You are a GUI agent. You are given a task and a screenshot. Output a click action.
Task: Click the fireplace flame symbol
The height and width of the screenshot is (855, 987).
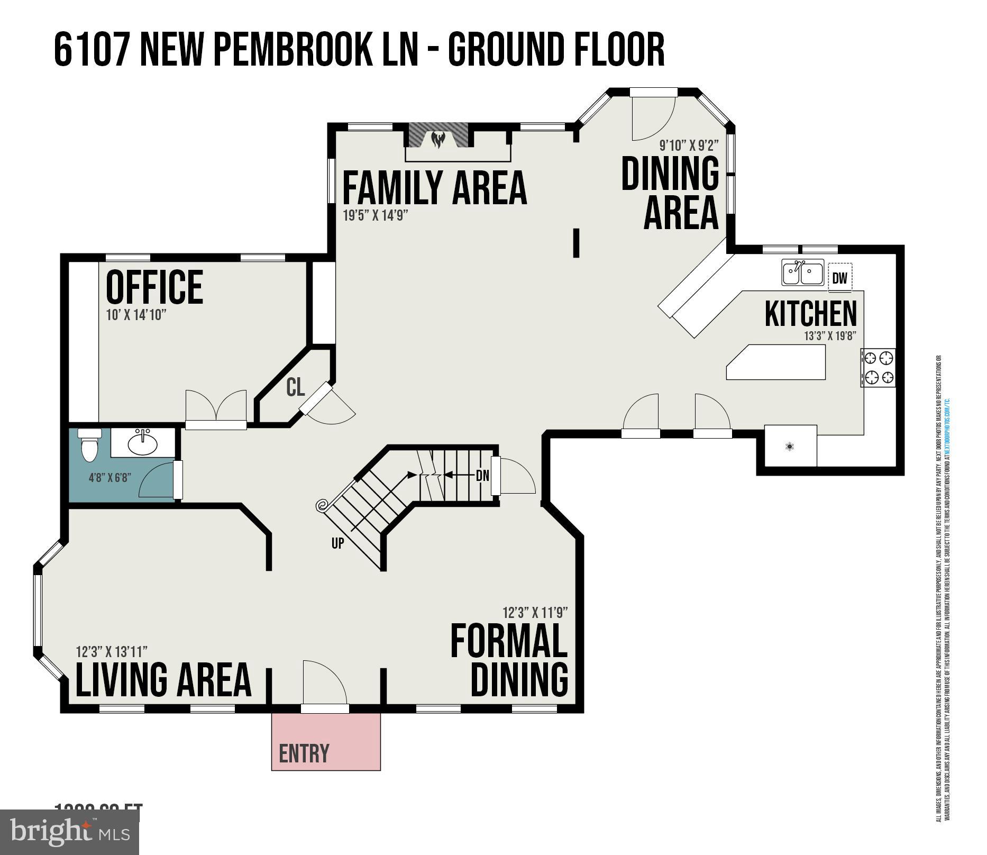[438, 140]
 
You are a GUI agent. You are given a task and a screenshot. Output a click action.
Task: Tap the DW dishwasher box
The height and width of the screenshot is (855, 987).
[839, 278]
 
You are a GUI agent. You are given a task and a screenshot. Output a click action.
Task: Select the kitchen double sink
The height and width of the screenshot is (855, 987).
[802, 272]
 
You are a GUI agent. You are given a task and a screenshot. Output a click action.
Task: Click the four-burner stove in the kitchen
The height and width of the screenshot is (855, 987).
[878, 367]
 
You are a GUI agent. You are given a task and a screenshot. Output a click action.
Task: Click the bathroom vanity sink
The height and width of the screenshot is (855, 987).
[143, 442]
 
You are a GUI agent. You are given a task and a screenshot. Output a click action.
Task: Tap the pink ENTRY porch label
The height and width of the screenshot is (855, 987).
[304, 753]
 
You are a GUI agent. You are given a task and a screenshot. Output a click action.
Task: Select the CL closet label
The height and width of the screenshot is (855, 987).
[295, 387]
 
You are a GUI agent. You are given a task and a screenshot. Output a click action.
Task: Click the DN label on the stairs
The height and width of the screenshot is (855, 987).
[482, 476]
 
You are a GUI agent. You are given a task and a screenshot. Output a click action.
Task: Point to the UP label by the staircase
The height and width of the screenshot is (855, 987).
[337, 543]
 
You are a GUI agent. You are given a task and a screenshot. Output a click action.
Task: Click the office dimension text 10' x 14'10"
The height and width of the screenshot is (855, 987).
[136, 315]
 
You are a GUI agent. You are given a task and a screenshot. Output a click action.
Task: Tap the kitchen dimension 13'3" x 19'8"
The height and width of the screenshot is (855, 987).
[830, 336]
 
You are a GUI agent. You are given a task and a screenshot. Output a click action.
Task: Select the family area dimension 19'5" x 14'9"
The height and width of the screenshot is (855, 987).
[376, 215]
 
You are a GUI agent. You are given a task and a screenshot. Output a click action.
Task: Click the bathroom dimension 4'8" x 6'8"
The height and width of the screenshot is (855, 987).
[109, 478]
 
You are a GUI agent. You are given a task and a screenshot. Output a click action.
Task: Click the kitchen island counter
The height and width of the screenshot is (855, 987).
[776, 362]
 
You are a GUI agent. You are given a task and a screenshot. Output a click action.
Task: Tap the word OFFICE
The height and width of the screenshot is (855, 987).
[154, 287]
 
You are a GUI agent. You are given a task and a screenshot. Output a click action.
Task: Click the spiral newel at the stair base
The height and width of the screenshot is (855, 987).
[322, 506]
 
